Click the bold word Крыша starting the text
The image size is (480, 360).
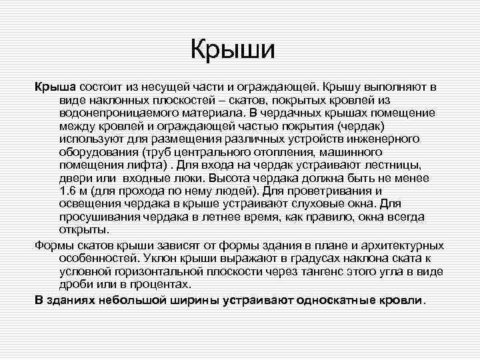coord(55,87)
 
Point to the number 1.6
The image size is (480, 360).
coord(69,191)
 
